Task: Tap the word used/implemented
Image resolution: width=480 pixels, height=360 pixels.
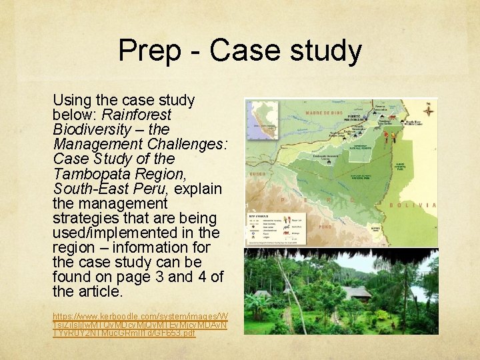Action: coord(115,232)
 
